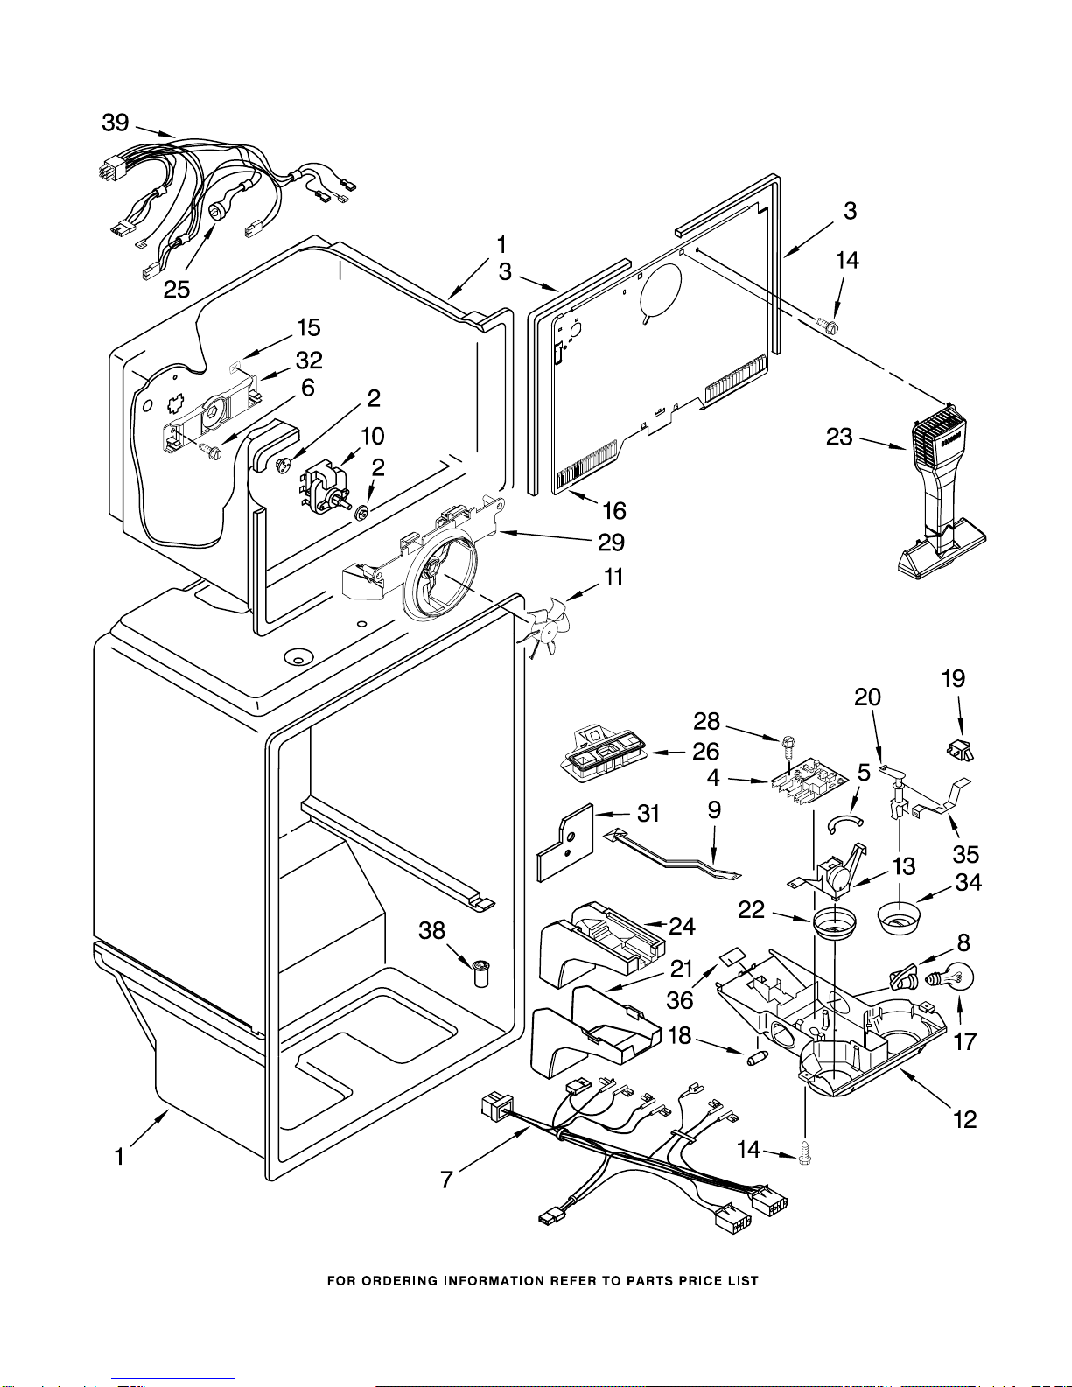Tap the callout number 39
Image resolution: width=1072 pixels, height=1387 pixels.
(x=116, y=123)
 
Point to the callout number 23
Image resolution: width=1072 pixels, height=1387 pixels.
(x=839, y=436)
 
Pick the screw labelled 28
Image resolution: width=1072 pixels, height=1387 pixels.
(x=786, y=746)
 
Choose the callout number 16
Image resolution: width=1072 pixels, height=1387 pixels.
(x=614, y=510)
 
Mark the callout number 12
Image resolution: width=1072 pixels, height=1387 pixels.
(x=964, y=1119)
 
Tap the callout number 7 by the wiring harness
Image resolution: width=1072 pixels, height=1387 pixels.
(x=446, y=1180)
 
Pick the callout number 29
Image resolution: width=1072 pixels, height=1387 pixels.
(x=611, y=543)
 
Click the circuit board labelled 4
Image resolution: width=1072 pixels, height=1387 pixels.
(x=808, y=780)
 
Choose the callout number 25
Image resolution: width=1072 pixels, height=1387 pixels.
(x=177, y=289)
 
